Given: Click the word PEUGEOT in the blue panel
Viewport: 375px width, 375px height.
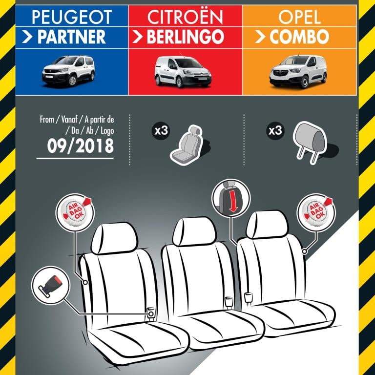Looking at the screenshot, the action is tap(72, 17).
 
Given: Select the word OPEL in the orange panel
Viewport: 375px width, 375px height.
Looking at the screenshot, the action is tap(299, 17).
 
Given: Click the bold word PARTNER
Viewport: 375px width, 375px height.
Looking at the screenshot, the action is tap(71, 37).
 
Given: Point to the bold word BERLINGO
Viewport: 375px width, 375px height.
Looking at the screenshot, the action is tap(186, 37).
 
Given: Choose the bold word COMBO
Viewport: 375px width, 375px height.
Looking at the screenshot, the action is tap(299, 37).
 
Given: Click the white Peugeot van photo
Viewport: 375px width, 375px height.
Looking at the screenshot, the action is tap(68, 71).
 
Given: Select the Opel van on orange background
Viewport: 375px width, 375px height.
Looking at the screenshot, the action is tap(298, 71).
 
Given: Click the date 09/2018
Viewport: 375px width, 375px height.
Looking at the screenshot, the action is tap(81, 146).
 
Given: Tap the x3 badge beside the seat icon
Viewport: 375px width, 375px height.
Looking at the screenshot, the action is tap(161, 131).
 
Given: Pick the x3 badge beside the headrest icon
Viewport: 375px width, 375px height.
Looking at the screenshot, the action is tap(275, 131).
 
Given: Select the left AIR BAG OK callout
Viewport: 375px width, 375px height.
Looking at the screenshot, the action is tap(75, 213).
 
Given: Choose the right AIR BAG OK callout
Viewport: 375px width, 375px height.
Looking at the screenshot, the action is tap(316, 213).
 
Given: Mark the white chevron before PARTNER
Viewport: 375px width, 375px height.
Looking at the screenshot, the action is tap(27, 37).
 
